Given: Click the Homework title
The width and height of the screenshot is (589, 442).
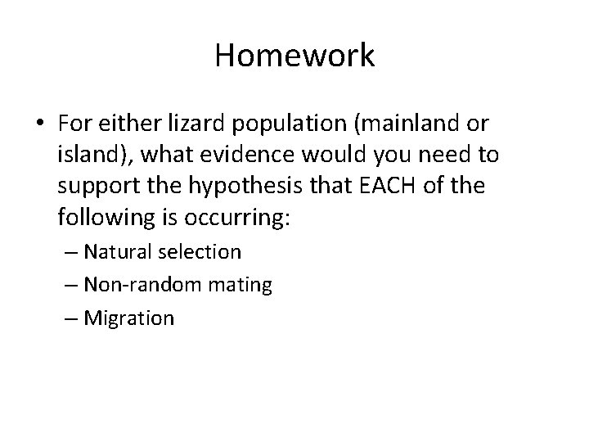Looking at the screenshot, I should [294, 56].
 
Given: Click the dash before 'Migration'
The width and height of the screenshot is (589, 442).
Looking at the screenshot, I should [69, 318].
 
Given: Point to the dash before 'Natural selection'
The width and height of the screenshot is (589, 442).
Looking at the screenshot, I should [69, 252].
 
